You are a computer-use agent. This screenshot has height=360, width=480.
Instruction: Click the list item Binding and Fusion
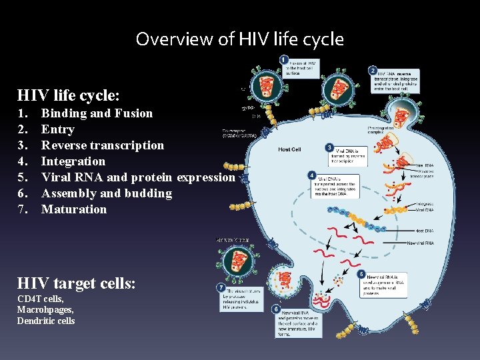[x=97, y=113]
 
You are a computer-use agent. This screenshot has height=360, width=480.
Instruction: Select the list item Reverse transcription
[x=102, y=145]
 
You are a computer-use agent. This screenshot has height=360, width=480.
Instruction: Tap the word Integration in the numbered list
[x=73, y=161]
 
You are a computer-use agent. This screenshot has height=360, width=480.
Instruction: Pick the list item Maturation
[x=74, y=209]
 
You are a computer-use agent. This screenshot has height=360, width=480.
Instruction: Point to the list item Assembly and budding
[x=107, y=193]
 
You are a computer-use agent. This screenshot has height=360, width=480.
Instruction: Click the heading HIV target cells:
[x=77, y=283]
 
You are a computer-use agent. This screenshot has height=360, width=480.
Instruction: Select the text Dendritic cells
[x=46, y=321]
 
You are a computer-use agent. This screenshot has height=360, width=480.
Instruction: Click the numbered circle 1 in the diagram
[x=285, y=59]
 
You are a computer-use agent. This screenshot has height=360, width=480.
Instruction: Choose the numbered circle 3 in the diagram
[x=329, y=147]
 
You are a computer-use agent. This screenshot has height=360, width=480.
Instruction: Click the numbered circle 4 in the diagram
[x=313, y=175]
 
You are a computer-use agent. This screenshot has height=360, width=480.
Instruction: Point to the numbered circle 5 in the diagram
[x=361, y=273]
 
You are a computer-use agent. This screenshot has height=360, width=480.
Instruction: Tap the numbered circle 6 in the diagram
[x=277, y=309]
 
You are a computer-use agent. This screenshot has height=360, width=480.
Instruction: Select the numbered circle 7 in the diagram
[x=221, y=287]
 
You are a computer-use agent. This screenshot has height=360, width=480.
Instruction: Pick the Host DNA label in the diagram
[x=425, y=231]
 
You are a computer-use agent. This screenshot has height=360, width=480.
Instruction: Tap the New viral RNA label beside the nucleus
[x=420, y=243]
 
